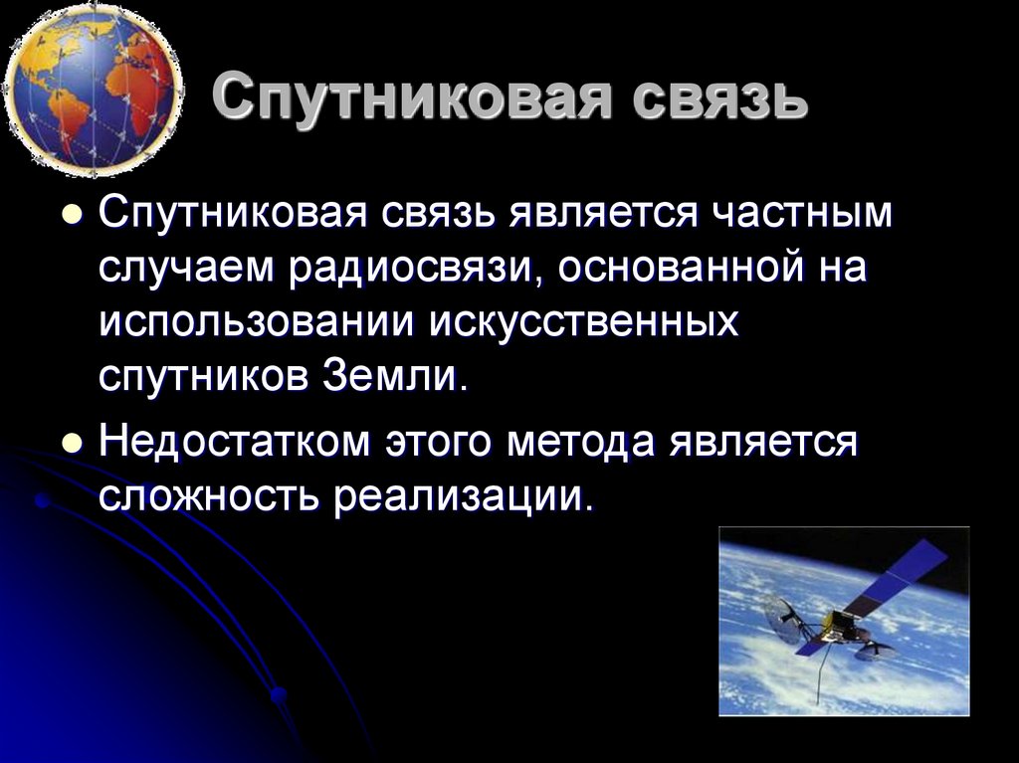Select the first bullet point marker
72,218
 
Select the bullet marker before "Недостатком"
72,444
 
